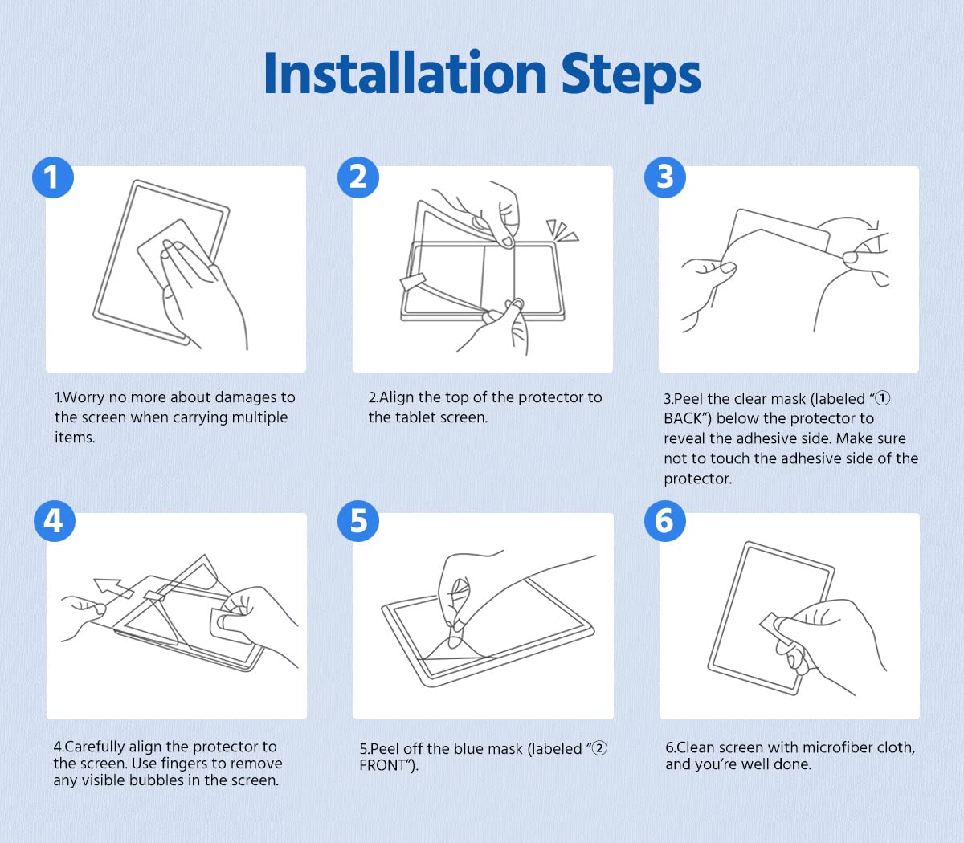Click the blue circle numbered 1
point(53,177)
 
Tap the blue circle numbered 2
point(358,177)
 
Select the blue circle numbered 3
point(665,177)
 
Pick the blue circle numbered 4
point(55,521)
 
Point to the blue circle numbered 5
point(358,521)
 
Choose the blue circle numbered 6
point(665,521)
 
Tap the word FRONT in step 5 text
point(382,765)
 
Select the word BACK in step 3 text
point(683,418)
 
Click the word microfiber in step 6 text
point(827,747)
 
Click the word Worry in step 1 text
point(84,398)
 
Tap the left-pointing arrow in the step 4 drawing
point(113,588)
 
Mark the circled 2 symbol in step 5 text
point(599,748)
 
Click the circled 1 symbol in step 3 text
point(883,398)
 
